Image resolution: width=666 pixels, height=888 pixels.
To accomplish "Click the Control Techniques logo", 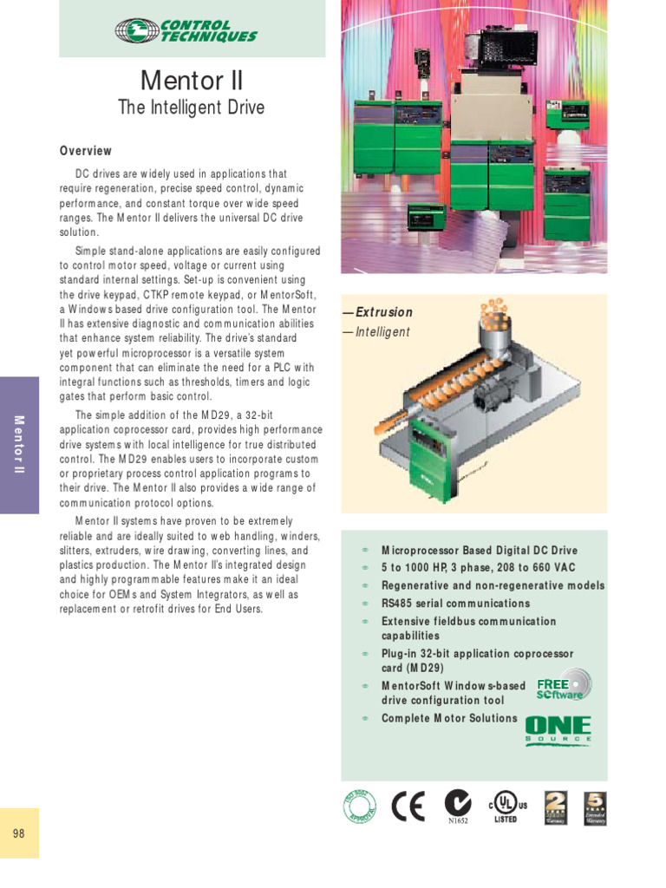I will click(x=186, y=30).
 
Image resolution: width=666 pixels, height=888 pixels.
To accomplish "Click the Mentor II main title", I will click(x=192, y=81).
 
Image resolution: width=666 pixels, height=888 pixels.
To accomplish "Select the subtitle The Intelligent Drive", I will click(x=191, y=108).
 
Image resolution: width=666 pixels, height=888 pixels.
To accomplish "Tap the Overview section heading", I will click(x=86, y=151).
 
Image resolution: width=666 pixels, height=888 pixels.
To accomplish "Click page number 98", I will click(x=19, y=833).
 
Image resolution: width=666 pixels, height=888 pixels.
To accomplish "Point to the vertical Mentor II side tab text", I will click(x=19, y=445).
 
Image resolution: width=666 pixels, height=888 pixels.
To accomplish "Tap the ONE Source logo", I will click(x=558, y=730).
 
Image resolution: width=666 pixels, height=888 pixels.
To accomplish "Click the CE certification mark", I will click(x=408, y=806).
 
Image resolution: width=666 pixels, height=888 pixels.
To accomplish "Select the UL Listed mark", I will click(x=506, y=806).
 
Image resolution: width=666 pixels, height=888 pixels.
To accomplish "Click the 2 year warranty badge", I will click(x=555, y=807).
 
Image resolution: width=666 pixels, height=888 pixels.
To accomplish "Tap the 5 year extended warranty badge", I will click(x=596, y=807).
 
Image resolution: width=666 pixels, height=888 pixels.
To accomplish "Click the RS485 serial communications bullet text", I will click(x=455, y=604).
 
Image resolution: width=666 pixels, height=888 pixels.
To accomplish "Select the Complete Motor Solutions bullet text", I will click(x=449, y=718).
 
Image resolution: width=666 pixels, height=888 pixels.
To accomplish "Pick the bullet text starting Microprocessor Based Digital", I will click(x=479, y=551).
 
